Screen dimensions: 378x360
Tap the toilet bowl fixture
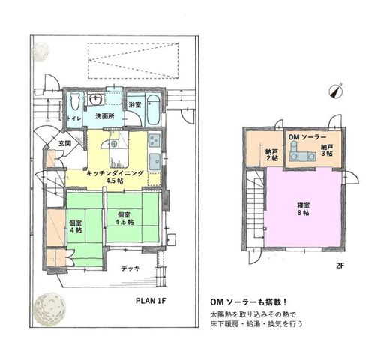point(75,101)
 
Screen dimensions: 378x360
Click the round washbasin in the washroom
point(95,100)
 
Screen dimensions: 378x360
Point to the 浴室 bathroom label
point(135,105)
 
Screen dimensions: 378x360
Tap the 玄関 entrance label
point(65,144)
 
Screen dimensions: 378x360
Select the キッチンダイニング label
point(115,173)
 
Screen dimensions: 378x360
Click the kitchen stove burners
point(154,140)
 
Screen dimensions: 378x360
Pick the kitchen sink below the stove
point(155,161)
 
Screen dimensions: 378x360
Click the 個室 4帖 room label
point(76,226)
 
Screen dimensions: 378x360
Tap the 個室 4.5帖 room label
point(124,218)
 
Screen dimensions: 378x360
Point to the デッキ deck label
point(130,268)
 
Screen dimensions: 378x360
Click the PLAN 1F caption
point(151,301)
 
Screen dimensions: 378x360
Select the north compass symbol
point(336,91)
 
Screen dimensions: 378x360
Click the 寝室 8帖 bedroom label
point(304,209)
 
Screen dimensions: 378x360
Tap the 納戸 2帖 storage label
point(272,155)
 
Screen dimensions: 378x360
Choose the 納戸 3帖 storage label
point(327,150)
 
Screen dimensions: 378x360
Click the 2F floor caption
point(340,266)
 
